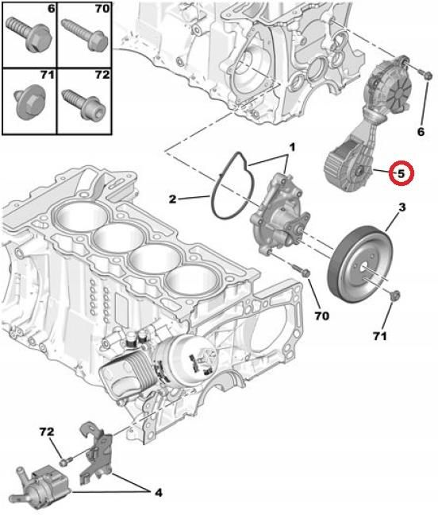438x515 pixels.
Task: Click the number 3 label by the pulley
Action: click(401, 207)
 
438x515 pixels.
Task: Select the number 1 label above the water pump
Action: click(291, 147)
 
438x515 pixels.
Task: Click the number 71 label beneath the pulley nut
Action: click(380, 338)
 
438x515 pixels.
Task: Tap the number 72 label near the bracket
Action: click(47, 432)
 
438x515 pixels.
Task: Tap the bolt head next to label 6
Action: click(425, 76)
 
